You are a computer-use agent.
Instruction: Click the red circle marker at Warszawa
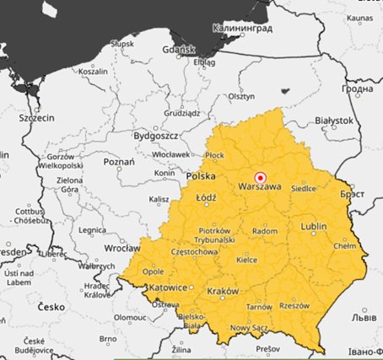click(261, 178)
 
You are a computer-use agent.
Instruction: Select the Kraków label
click(221, 291)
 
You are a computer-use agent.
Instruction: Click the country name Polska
click(201, 176)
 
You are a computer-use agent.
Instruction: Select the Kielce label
click(246, 261)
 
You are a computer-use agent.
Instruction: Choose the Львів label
click(364, 320)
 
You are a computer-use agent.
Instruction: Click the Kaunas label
click(359, 17)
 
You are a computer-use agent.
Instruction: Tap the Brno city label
click(107, 339)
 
